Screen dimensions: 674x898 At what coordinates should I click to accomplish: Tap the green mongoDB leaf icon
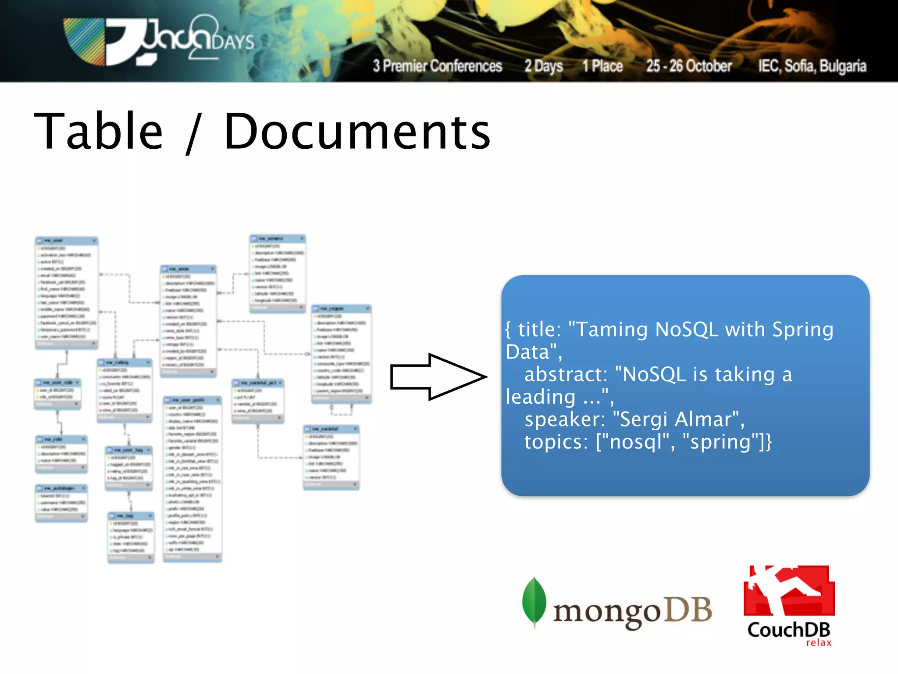(534, 601)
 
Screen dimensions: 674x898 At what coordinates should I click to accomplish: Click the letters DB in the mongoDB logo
(688, 610)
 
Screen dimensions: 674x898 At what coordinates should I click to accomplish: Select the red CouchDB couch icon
(789, 590)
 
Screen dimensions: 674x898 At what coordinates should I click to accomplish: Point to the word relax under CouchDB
(819, 643)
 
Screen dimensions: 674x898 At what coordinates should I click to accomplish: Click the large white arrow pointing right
(438, 376)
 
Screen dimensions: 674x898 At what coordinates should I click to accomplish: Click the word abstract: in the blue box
(566, 374)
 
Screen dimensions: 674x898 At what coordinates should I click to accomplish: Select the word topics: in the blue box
(556, 441)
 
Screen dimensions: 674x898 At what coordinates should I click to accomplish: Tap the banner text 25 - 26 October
(689, 66)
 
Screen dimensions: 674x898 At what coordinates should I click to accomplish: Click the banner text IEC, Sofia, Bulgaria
(812, 66)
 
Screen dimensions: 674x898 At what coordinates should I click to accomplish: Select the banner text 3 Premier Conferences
(437, 66)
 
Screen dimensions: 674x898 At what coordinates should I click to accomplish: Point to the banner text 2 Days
(544, 66)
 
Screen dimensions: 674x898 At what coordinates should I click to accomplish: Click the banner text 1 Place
(602, 66)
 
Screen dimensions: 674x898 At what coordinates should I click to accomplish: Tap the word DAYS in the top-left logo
(233, 42)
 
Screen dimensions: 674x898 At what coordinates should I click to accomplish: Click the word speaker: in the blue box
(565, 419)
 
